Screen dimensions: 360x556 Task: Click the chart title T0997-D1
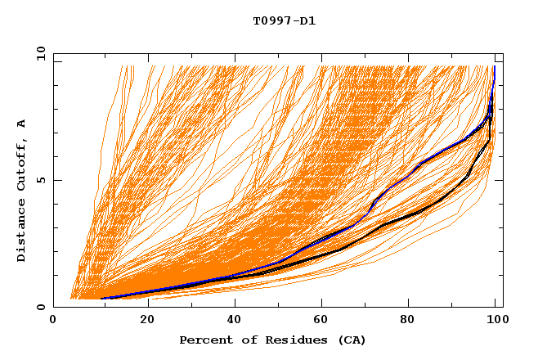pyautogui.click(x=284, y=20)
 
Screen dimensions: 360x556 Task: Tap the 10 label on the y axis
pyautogui.click(x=38, y=53)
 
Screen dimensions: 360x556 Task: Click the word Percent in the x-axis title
pyautogui.click(x=204, y=340)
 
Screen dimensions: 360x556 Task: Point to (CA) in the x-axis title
pyautogui.click(x=351, y=340)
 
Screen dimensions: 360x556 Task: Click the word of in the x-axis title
pyautogui.click(x=243, y=340)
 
